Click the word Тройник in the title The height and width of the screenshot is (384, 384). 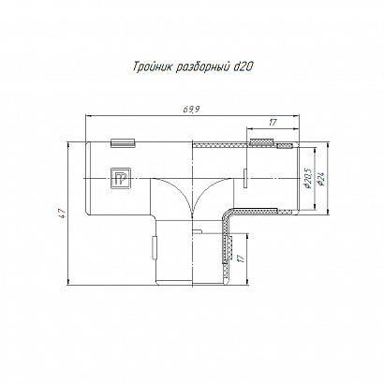[x=153, y=67]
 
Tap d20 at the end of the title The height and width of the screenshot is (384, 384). [x=244, y=66]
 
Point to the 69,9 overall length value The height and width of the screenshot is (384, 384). [x=191, y=110]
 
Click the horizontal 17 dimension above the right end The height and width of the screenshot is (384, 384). [x=273, y=122]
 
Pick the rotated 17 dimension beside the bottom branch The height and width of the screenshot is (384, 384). [x=241, y=258]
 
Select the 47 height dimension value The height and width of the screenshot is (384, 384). [x=62, y=213]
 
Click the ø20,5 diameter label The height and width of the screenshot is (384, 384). [x=307, y=178]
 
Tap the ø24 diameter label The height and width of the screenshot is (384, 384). [x=320, y=179]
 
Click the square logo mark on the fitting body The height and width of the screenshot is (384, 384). [x=121, y=178]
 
